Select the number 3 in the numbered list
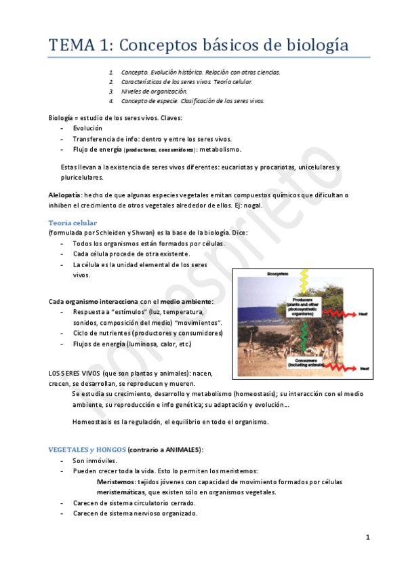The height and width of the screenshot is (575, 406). pos(111,91)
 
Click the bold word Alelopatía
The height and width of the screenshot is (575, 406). pos(66,195)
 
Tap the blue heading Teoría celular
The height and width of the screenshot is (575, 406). pos(73,222)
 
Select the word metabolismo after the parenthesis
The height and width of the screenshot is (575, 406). pos(220,149)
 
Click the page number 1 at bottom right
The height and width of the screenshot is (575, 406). pos(367,538)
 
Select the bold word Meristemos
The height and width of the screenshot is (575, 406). pos(117,481)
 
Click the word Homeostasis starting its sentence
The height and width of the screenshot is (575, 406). pos(95,421)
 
